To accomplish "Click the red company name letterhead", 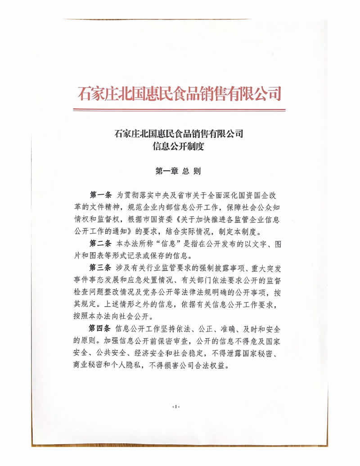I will pos(180,94).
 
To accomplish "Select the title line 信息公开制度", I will pos(180,145).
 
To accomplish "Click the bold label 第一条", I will pos(101,195).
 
